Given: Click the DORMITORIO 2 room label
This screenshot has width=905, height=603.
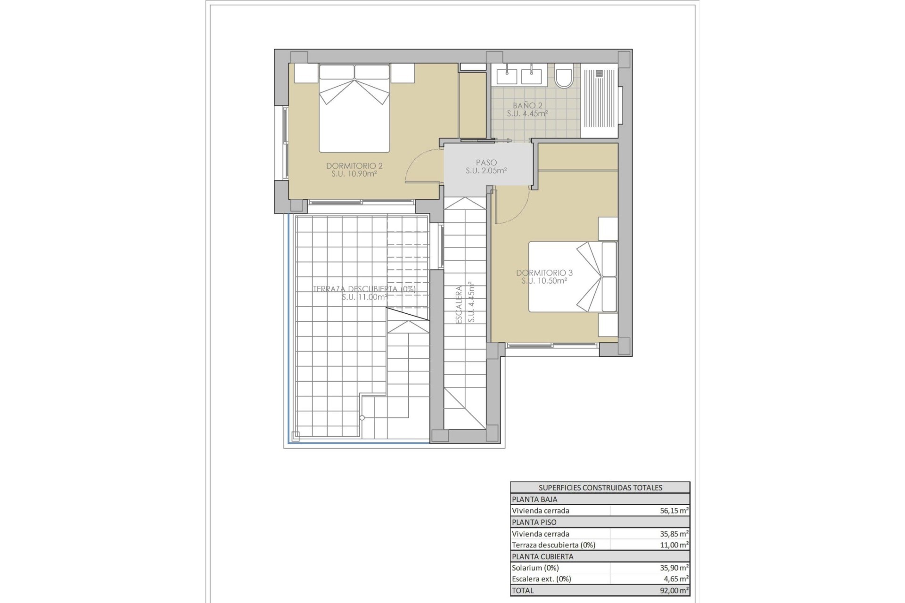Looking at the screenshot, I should click(x=354, y=166).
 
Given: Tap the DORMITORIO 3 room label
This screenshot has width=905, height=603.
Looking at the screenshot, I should click(x=544, y=273).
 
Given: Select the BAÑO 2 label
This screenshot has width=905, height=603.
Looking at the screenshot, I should click(x=527, y=106).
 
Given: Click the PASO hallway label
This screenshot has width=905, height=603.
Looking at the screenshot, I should click(x=486, y=163).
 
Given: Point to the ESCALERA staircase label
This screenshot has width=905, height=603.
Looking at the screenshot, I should click(x=459, y=304).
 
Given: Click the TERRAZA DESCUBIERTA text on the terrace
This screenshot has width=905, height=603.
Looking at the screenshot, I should click(x=364, y=289).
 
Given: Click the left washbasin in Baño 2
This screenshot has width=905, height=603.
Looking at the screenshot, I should click(x=506, y=75).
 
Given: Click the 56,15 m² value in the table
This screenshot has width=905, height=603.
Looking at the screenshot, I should click(x=674, y=511).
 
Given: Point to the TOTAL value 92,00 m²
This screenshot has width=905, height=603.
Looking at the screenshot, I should click(x=674, y=590).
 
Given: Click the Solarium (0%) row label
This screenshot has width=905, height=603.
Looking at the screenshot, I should click(x=535, y=568).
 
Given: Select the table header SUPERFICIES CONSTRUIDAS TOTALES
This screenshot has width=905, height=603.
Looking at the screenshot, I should click(x=600, y=488).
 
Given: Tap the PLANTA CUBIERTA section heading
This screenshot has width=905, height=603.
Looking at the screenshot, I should click(x=535, y=556).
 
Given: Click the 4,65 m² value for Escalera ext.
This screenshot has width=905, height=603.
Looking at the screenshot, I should click(x=676, y=579).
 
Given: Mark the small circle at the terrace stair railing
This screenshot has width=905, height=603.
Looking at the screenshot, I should click(x=362, y=418).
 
